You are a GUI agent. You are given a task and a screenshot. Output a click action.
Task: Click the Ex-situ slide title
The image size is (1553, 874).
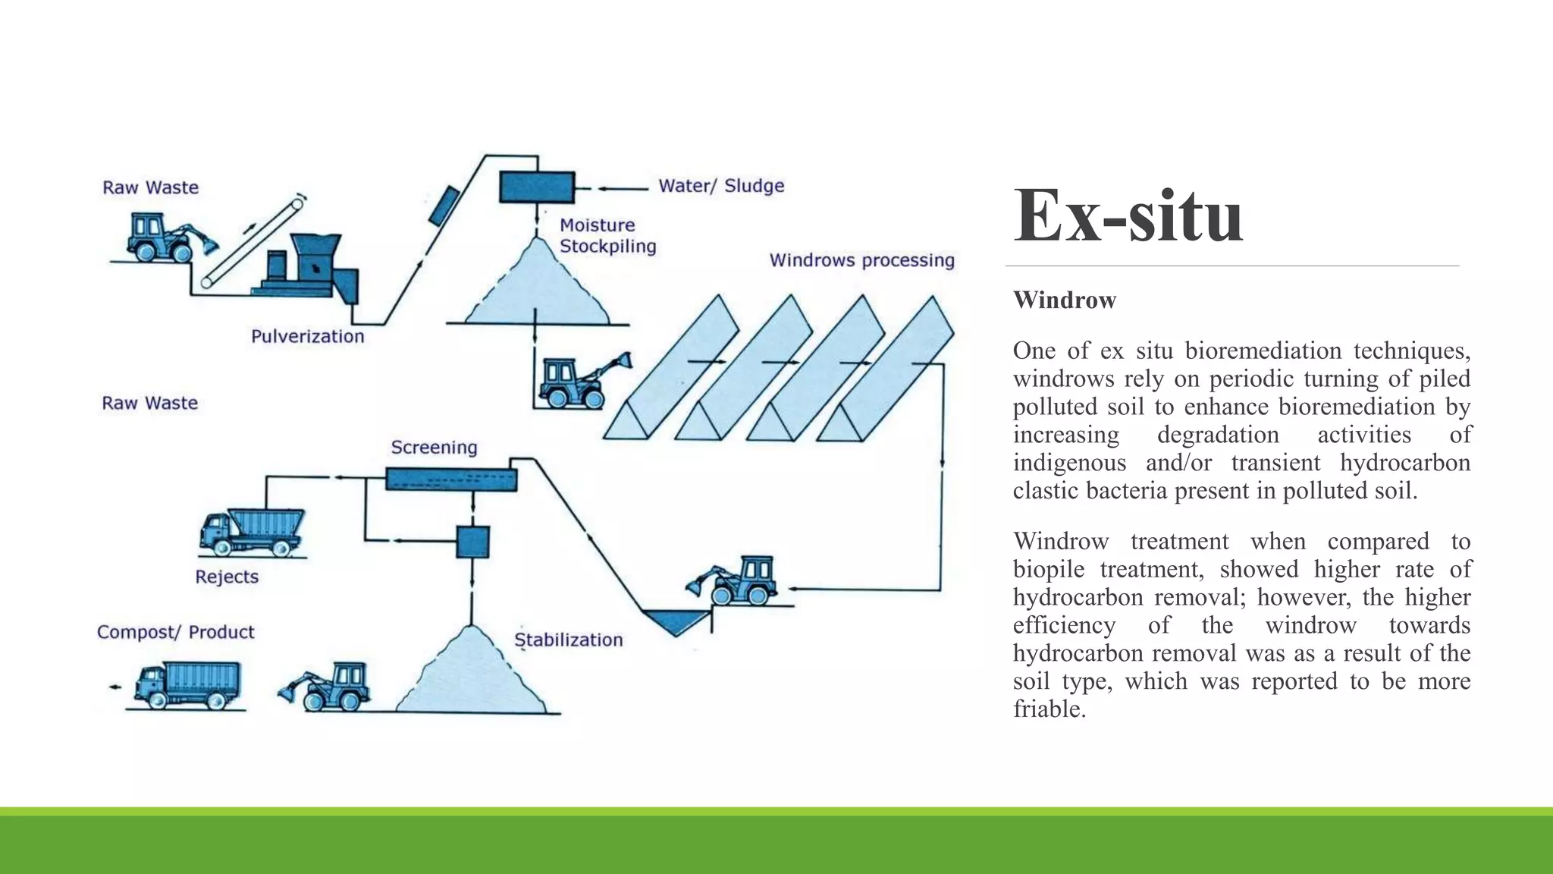1128,217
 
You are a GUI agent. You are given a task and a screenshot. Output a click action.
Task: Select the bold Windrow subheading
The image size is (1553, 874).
1064,300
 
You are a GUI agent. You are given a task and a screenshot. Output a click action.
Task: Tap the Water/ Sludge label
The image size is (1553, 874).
720,186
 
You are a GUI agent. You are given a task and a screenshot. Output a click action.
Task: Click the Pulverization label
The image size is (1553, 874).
307,336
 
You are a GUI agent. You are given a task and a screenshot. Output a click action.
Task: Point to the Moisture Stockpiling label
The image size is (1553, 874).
607,235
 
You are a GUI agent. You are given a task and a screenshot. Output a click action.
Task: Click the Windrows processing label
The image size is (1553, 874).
861,260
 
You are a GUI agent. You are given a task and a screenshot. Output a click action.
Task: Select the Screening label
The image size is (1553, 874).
434,448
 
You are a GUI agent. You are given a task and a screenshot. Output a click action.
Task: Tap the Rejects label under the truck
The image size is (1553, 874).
227,577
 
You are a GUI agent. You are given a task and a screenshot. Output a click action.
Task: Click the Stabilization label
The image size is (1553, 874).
568,640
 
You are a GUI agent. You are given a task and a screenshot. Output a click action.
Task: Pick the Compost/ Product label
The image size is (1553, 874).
175,632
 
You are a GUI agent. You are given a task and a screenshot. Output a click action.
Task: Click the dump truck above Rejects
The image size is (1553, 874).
252,532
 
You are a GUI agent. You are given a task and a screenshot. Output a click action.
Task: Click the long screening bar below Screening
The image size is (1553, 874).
451,479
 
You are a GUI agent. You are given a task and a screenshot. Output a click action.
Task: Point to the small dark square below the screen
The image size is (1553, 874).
472,542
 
